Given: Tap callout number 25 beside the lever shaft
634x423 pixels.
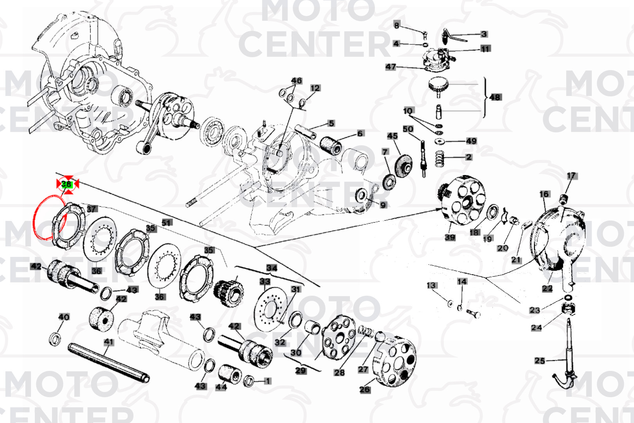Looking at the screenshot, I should [x=540, y=360].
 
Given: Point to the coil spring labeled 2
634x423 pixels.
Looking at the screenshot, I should [x=440, y=158].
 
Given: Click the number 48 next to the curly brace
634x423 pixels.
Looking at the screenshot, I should [x=495, y=97].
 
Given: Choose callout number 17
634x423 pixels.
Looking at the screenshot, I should [x=571, y=176].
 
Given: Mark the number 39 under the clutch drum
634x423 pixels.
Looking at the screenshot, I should [x=450, y=237].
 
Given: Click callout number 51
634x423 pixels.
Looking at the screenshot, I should [x=167, y=222].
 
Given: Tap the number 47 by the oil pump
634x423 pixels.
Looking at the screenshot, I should [x=391, y=67].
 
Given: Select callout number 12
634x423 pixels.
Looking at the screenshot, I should [x=315, y=88].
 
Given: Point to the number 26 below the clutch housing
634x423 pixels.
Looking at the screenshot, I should [x=364, y=389].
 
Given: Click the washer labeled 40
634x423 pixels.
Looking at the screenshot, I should [x=55, y=339].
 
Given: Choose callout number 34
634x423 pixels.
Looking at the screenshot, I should [x=272, y=268].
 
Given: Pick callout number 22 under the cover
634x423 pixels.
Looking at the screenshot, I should [x=547, y=288].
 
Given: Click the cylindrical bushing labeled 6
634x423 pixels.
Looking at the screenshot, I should [x=331, y=145].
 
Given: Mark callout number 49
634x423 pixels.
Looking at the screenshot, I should [x=471, y=141].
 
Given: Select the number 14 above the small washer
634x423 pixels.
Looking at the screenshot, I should [x=462, y=281].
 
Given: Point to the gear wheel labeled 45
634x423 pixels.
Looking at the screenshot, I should [x=403, y=163].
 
